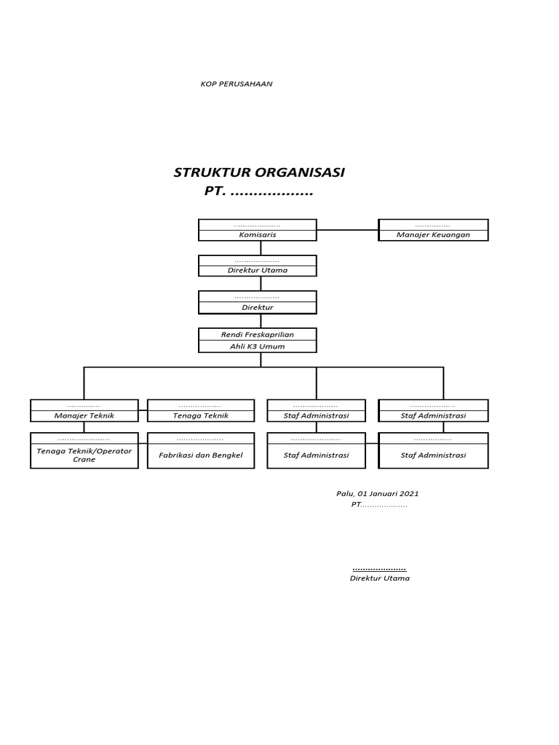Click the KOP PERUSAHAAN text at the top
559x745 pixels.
[x=237, y=84]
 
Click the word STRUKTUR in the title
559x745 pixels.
[x=212, y=172]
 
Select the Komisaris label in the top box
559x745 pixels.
[x=258, y=235]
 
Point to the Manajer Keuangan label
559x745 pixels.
[x=433, y=235]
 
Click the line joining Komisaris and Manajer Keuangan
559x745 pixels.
[x=347, y=230]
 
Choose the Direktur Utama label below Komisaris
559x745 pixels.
[x=258, y=270]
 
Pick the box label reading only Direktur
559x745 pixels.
[x=258, y=308]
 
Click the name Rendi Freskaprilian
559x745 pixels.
[x=258, y=335]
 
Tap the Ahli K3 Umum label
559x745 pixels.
[x=258, y=346]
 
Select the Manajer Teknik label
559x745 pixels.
[x=84, y=415]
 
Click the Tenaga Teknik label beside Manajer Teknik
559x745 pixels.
[x=201, y=415]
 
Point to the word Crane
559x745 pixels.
[x=84, y=460]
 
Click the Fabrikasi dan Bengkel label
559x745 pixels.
[x=201, y=455]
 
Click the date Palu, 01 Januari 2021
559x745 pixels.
[x=377, y=493]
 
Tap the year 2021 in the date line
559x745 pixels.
[x=409, y=493]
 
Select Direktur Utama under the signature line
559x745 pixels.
[x=380, y=578]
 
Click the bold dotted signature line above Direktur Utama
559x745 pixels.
[x=379, y=568]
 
